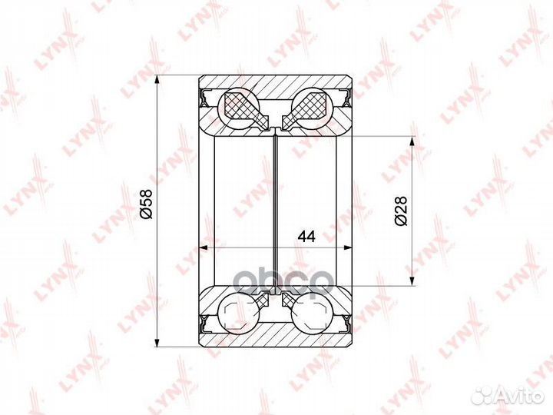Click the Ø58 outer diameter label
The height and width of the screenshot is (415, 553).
146,204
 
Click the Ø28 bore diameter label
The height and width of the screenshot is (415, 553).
401,211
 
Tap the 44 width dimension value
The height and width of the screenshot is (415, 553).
306,237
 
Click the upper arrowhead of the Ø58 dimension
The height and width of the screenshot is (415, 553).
157,81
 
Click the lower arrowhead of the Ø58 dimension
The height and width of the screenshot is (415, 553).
157,341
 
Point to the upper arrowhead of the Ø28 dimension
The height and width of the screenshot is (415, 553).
411,142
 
